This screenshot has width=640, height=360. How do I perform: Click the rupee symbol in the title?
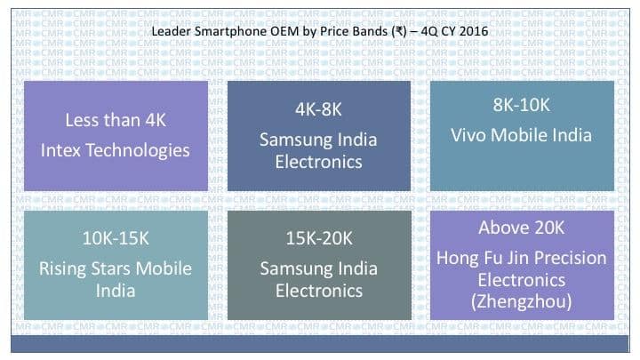click(x=399, y=31)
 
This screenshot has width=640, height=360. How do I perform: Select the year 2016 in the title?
click(x=473, y=31)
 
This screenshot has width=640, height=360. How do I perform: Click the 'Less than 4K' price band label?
click(x=116, y=120)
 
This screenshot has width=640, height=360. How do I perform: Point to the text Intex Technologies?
click(x=115, y=150)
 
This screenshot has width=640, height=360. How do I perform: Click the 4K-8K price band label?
click(x=318, y=109)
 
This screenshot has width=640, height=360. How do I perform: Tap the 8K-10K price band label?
click(x=521, y=105)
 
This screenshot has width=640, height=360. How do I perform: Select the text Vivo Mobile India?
click(x=521, y=135)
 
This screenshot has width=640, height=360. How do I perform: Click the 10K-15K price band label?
click(x=116, y=238)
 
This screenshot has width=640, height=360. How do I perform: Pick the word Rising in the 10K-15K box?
click(x=62, y=269)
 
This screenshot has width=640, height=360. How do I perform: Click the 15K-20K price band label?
click(x=319, y=238)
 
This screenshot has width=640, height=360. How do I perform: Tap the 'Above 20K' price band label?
click(x=522, y=228)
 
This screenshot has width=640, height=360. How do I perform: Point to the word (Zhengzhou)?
click(x=521, y=302)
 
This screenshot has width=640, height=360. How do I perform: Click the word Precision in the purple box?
click(x=570, y=258)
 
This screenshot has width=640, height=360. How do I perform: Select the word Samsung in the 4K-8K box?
click(x=295, y=140)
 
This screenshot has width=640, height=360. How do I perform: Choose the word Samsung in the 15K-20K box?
click(x=295, y=269)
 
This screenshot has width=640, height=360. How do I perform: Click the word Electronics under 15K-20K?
click(x=319, y=291)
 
